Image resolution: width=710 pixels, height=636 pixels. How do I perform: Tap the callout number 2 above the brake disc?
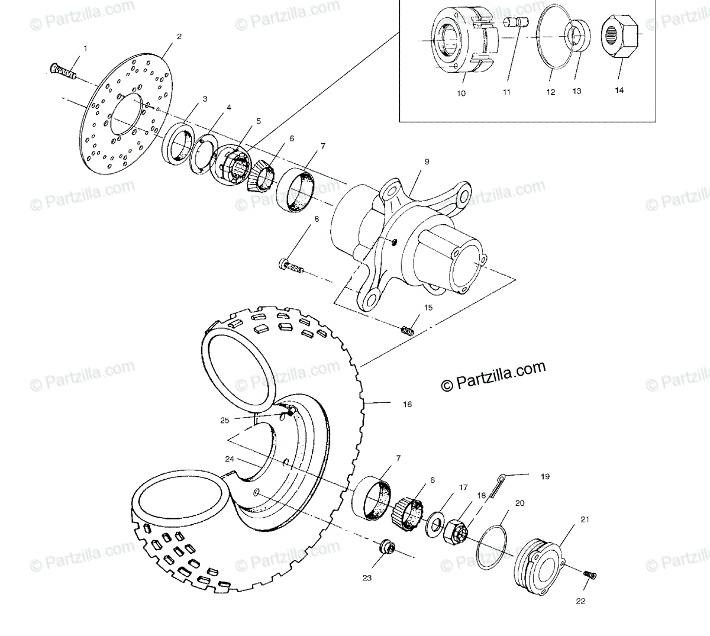pos(179,36)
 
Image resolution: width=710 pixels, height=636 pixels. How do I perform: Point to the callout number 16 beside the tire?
pos(407,405)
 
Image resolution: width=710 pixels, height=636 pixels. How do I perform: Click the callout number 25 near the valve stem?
pos(224,420)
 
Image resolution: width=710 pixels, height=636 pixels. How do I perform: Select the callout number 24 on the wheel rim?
pos(230,459)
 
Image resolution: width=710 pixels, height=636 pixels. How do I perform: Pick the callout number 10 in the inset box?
pos(461,93)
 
